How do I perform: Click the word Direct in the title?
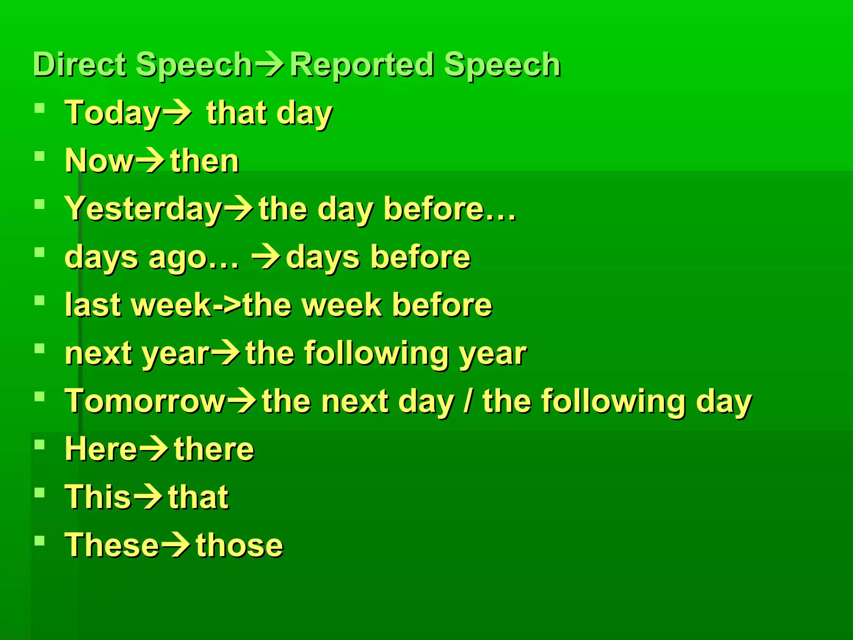[x=80, y=65]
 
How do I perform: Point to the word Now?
[x=99, y=161]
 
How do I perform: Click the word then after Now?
[x=205, y=161]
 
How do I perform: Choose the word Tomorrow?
[x=145, y=401]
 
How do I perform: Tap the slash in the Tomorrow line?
[x=469, y=401]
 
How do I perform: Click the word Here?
[x=101, y=450]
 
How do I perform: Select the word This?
[x=98, y=497]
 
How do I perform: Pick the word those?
[x=239, y=546]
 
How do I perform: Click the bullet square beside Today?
[x=40, y=109]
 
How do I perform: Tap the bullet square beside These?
[x=40, y=541]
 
